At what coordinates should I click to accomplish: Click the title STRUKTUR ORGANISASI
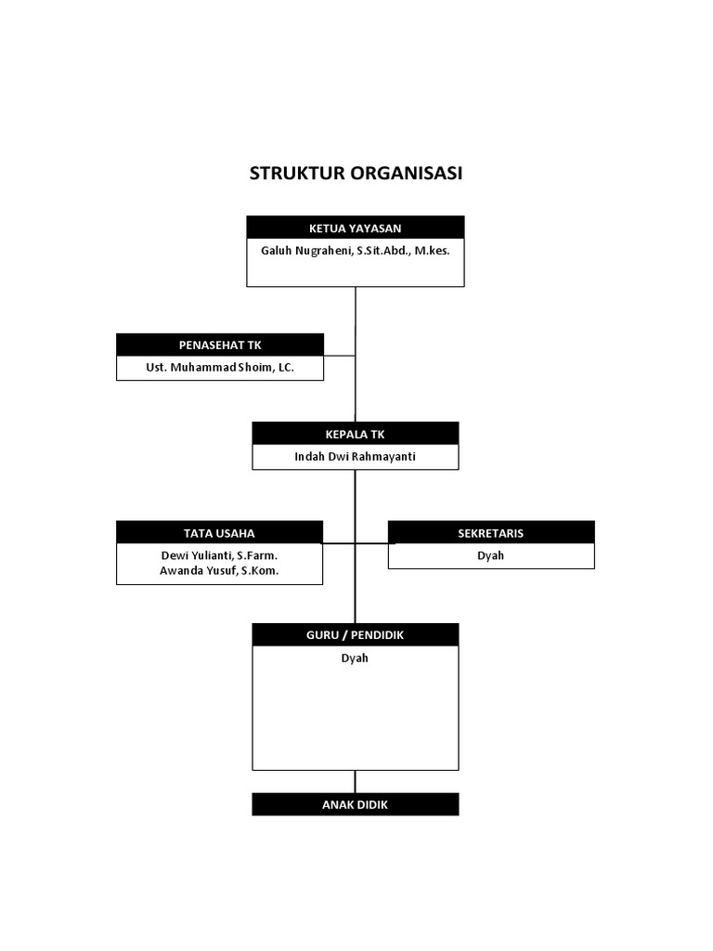(356, 175)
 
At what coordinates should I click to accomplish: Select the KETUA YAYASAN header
(355, 228)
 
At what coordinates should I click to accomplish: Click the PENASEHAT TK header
(220, 345)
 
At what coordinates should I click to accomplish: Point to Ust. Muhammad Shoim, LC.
(220, 369)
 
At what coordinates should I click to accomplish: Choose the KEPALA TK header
(355, 434)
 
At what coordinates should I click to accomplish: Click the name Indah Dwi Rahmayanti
(355, 457)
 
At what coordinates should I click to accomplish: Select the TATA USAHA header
(219, 533)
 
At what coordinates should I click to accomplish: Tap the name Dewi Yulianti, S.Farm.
(219, 555)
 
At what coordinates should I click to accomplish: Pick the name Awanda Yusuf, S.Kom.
(219, 571)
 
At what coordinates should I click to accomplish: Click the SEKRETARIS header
(490, 533)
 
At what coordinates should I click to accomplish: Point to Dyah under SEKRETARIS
(490, 555)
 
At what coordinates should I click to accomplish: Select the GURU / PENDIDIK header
(355, 634)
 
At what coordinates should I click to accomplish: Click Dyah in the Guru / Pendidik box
(355, 658)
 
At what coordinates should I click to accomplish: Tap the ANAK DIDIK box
(355, 804)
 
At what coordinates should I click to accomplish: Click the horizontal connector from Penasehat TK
(340, 355)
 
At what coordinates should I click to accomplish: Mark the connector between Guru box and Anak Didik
(355, 781)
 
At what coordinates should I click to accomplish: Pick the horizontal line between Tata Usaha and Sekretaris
(371, 542)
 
